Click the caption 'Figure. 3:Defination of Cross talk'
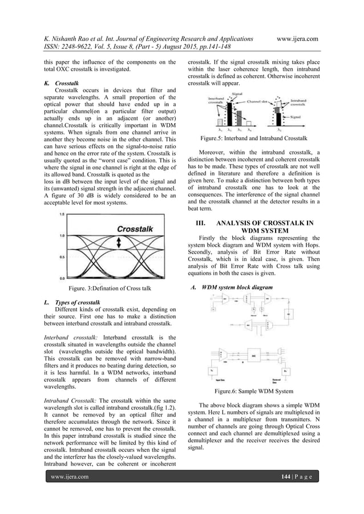110,289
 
